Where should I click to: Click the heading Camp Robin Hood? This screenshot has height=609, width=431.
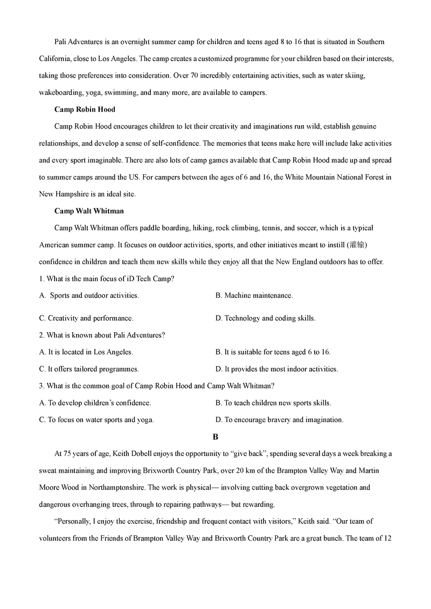pyautogui.click(x=85, y=109)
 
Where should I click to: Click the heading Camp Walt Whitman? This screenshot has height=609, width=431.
pyautogui.click(x=89, y=211)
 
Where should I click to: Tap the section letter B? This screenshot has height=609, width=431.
pyautogui.click(x=215, y=437)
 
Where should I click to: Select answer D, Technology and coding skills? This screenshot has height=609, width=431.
pyautogui.click(x=265, y=318)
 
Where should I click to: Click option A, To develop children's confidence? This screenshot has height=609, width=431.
pyautogui.click(x=95, y=403)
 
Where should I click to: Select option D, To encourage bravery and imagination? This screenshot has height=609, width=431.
pyautogui.click(x=279, y=419)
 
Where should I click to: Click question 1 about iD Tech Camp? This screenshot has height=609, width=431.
pyautogui.click(x=107, y=279)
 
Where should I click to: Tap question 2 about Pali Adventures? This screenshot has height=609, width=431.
pyautogui.click(x=102, y=335)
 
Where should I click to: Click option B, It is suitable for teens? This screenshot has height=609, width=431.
pyautogui.click(x=273, y=352)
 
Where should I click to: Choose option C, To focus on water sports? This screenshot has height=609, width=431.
pyautogui.click(x=96, y=419)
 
